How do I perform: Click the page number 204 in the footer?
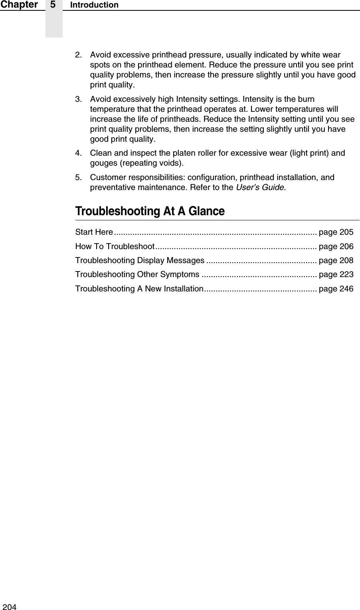pyautogui.click(x=10, y=607)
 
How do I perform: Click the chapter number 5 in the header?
pyautogui.click(x=53, y=5)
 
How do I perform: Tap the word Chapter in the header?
pyautogui.click(x=19, y=5)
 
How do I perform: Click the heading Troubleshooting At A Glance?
pyautogui.click(x=150, y=211)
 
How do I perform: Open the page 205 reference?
pyautogui.click(x=336, y=232)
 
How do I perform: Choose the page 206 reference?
pyautogui.click(x=336, y=246)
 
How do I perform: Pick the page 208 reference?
pyautogui.click(x=336, y=260)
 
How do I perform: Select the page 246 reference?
pyautogui.click(x=336, y=289)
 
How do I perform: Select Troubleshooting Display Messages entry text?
pyautogui.click(x=140, y=260)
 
